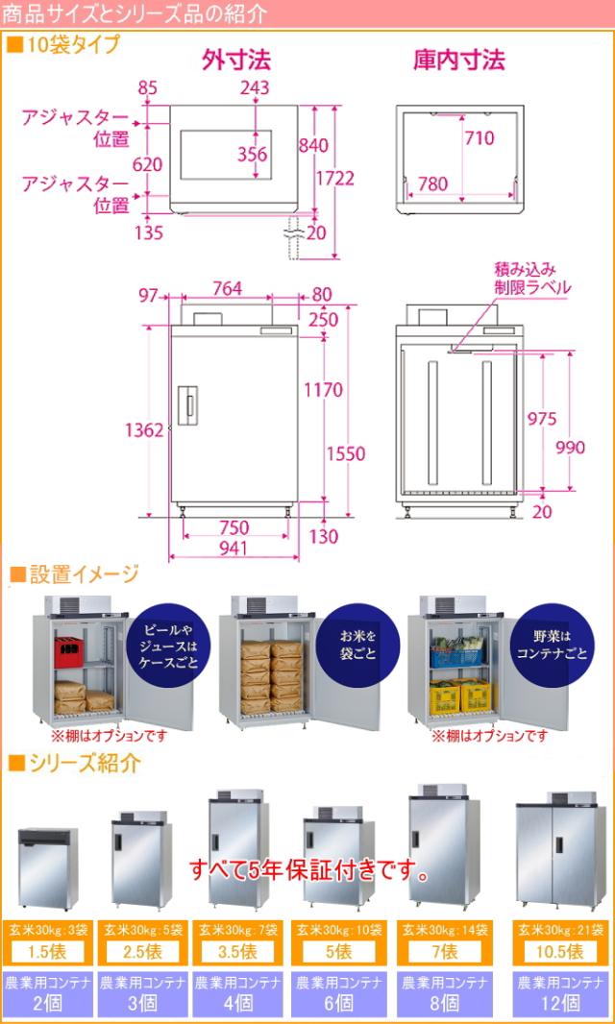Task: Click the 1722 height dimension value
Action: [x=335, y=179]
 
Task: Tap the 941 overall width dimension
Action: [x=234, y=548]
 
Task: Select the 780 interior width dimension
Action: [x=432, y=184]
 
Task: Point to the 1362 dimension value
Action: [x=144, y=429]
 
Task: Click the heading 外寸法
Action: [x=235, y=61]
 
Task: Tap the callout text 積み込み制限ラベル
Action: [x=532, y=279]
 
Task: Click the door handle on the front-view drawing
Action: [x=188, y=405]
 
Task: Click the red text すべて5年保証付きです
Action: [x=310, y=868]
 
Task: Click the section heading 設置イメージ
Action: [x=74, y=574]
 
